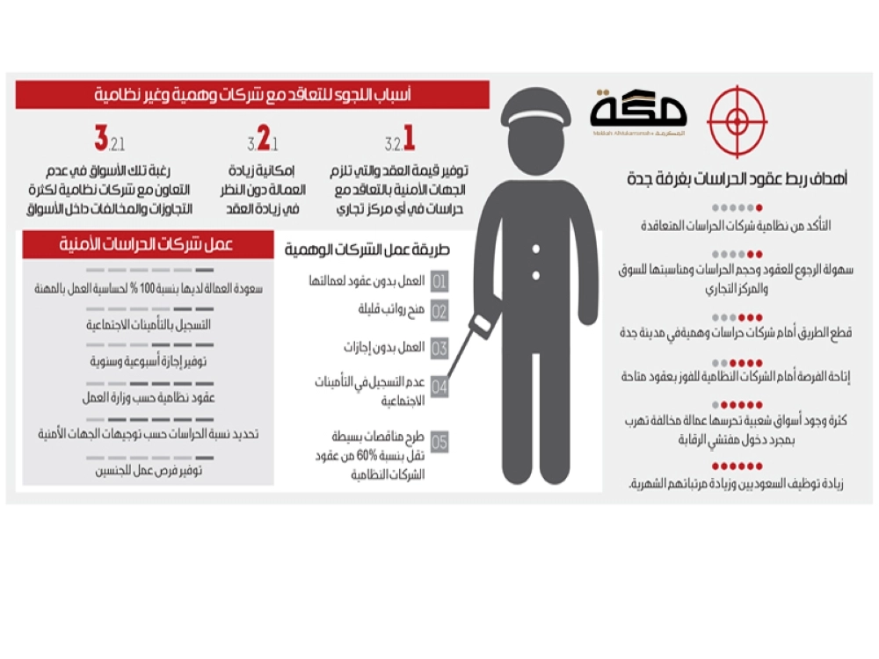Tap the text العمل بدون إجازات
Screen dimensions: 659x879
click(x=383, y=347)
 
